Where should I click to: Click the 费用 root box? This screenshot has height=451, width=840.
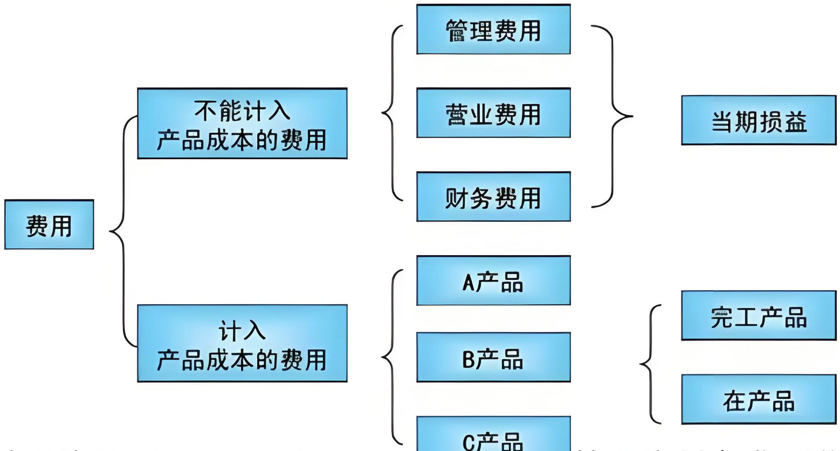49,224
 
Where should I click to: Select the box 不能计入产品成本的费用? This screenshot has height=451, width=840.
242,124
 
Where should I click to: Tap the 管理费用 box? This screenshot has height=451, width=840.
493,30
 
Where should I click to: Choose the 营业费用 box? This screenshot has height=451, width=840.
493,113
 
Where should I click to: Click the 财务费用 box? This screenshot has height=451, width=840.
493,197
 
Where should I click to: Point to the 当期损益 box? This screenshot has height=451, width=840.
759,120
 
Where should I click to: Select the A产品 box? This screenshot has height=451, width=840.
493,281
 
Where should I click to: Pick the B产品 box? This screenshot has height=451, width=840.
493,357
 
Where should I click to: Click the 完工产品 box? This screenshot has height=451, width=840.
759,316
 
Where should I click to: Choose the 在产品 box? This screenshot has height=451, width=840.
759,399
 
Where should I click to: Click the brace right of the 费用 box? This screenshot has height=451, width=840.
121,232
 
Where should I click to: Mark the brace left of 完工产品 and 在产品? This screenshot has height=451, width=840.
650,364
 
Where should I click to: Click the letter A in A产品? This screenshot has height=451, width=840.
468,282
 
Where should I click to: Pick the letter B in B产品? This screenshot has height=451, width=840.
468,358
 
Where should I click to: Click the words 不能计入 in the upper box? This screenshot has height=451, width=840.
242,111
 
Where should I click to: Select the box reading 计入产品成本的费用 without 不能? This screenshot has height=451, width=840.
242,344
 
